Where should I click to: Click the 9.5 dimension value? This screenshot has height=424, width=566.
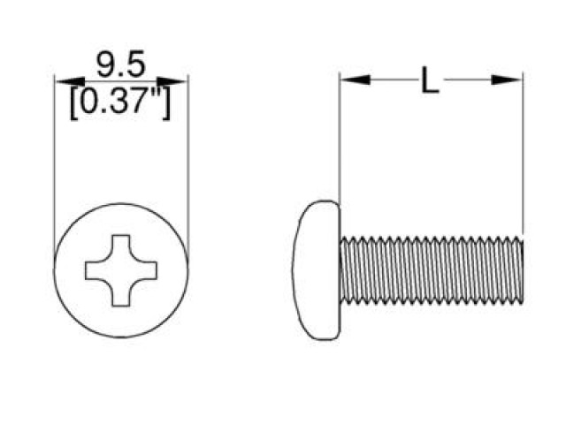(122, 66)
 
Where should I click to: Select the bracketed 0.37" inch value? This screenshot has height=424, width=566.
(121, 103)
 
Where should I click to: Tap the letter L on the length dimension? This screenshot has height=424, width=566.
(430, 81)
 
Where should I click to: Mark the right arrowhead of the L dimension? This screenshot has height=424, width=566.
(509, 79)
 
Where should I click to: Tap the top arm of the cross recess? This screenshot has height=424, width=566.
(121, 242)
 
